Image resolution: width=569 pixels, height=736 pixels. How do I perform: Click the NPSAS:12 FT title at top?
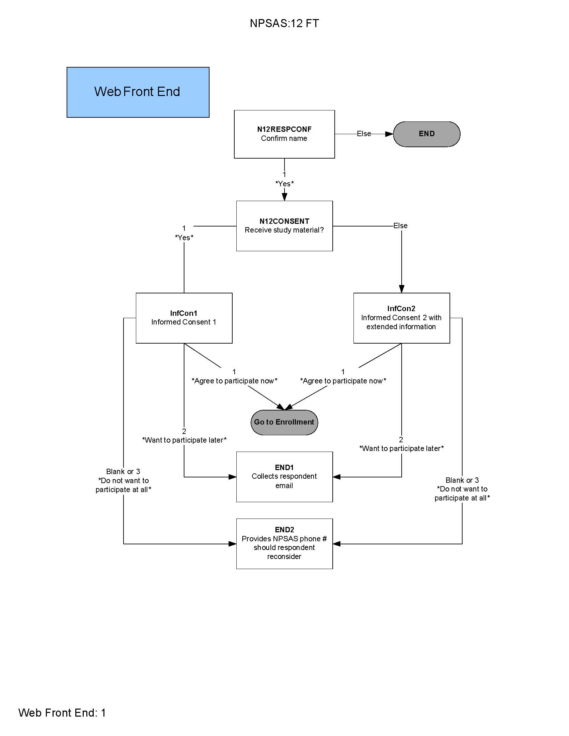[x=284, y=23]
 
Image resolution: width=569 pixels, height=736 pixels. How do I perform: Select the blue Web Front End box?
[x=138, y=92]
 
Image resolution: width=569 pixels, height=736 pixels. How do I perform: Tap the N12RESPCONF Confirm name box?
[x=284, y=134]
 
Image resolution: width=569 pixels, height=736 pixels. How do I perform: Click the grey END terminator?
[x=426, y=134]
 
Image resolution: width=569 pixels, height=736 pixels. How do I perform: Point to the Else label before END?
[x=364, y=134]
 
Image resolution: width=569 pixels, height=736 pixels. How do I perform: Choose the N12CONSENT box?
[x=284, y=226]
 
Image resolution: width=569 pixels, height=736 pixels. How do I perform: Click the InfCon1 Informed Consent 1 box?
[x=184, y=318]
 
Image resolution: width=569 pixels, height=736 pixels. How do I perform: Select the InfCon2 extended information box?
[x=401, y=318]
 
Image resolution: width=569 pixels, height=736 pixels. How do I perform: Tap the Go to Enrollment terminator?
[x=284, y=422]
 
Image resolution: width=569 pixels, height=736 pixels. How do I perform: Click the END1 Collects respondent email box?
[x=284, y=476]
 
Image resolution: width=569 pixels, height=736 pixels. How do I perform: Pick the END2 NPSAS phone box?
[x=284, y=543]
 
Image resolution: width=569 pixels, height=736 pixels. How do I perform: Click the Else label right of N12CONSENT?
[x=400, y=225]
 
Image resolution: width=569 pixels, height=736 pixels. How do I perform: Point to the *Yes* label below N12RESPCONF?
[x=284, y=184]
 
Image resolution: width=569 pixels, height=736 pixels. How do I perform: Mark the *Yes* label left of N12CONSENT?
[x=184, y=237]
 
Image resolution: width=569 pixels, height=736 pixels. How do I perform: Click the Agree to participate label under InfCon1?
[x=234, y=381]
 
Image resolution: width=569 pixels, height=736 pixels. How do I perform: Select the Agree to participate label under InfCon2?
[x=343, y=381]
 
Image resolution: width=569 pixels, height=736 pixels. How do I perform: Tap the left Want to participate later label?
[x=184, y=440]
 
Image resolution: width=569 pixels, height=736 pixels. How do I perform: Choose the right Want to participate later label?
[x=401, y=448]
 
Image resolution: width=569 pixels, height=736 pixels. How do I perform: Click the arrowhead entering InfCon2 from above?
[x=401, y=289]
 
